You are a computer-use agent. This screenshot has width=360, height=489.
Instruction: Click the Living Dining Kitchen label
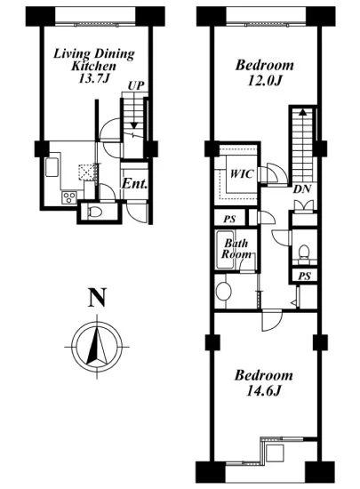pyautogui.click(x=94, y=60)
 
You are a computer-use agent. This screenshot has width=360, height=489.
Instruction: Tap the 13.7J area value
pyautogui.click(x=93, y=78)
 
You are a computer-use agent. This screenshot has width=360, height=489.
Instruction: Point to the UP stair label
pyautogui.click(x=136, y=85)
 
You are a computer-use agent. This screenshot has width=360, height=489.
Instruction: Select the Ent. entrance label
pyautogui.click(x=134, y=184)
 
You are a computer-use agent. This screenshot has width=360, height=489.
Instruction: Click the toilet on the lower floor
pyautogui.click(x=95, y=212)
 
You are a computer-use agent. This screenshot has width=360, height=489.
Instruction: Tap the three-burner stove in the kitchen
pyautogui.click(x=69, y=197)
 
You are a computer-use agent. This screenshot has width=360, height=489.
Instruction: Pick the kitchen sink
pyautogui.click(x=52, y=167)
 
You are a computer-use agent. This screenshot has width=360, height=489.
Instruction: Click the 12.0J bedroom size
pyautogui.click(x=265, y=81)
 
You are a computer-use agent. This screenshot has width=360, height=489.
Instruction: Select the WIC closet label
pyautogui.click(x=241, y=173)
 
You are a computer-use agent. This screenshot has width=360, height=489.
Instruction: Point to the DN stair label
pyautogui.click(x=301, y=189)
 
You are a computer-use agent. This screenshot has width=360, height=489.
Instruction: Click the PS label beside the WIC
pyautogui.click(x=229, y=219)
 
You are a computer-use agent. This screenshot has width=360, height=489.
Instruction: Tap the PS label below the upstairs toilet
pyautogui.click(x=304, y=276)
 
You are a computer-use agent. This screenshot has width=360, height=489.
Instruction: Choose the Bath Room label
pyautogui.click(x=236, y=249)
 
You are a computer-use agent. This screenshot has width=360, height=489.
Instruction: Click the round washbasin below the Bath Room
pyautogui.click(x=223, y=292)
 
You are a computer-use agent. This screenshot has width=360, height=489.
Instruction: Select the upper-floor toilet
pyautogui.click(x=304, y=252)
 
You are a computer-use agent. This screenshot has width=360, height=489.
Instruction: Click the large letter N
pyautogui.click(x=97, y=297)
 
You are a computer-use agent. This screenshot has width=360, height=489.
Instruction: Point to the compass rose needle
pyautogui.click(x=97, y=346)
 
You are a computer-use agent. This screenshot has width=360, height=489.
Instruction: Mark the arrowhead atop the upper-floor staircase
pyautogui.click(x=302, y=112)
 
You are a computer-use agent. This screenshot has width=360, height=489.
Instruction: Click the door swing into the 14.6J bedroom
pyautogui.click(x=272, y=321)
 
